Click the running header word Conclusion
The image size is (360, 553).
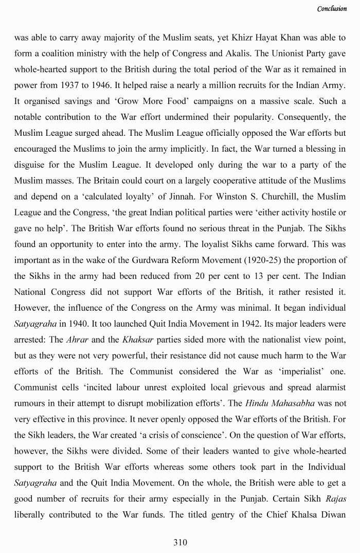click(x=332, y=9)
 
